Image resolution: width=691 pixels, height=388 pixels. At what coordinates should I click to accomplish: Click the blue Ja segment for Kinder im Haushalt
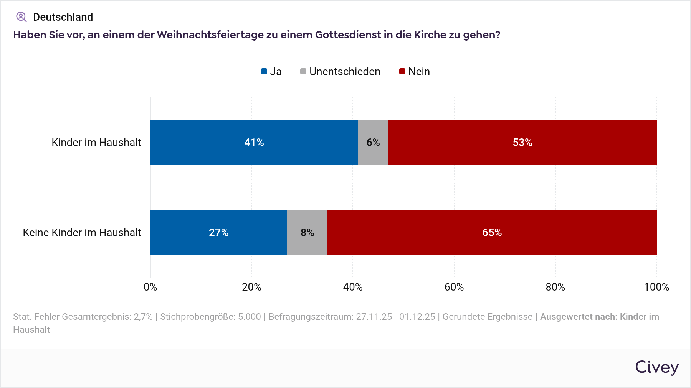pos(254,142)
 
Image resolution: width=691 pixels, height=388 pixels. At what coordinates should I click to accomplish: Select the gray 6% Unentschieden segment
pos(373,142)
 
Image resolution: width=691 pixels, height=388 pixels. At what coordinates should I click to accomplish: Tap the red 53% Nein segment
pos(522,142)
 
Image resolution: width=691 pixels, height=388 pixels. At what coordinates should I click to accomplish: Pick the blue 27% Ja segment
pos(218,232)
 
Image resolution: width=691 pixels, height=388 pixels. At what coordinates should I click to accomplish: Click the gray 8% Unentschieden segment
pos(307,232)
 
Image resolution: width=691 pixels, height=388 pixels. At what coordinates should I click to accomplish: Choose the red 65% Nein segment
pos(492,232)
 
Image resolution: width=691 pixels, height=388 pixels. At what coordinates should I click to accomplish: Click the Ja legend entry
pos(271,72)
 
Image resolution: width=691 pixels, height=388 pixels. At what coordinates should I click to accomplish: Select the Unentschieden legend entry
pos(340,72)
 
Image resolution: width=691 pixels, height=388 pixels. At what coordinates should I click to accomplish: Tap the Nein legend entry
pos(415,72)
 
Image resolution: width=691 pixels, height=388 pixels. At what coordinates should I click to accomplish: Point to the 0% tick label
pos(150,287)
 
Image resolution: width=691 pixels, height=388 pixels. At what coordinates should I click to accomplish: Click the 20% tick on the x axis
pos(251,287)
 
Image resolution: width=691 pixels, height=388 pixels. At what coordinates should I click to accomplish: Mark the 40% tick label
pos(353,287)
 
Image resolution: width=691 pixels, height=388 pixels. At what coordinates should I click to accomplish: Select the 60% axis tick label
pos(454,287)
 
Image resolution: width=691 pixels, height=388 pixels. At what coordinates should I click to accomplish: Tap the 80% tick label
pos(555,287)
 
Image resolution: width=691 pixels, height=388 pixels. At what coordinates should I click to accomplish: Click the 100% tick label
pos(656,287)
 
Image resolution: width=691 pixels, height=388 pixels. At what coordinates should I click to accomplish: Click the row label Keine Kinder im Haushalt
pos(82,233)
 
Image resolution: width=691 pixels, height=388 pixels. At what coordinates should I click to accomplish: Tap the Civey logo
pos(656,367)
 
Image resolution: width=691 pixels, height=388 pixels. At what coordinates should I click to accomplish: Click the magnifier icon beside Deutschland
pos(21,17)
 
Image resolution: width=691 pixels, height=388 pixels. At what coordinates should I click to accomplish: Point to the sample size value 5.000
pos(249,317)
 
